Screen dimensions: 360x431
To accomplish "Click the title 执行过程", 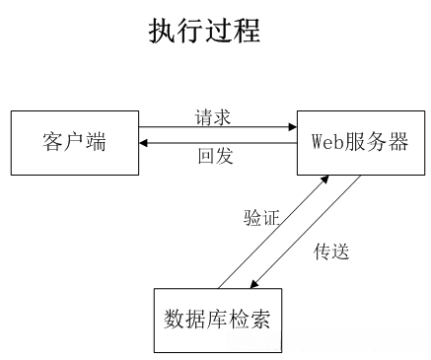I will (204, 31).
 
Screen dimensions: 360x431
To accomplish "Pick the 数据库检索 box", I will (217, 320).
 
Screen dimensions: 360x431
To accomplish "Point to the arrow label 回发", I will (214, 157).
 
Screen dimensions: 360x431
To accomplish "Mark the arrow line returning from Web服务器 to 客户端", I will (217, 144).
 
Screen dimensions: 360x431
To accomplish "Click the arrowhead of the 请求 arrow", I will (292, 126).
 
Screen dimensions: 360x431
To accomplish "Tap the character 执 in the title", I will (162, 31).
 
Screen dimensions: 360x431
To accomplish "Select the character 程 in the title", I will (247, 31).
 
